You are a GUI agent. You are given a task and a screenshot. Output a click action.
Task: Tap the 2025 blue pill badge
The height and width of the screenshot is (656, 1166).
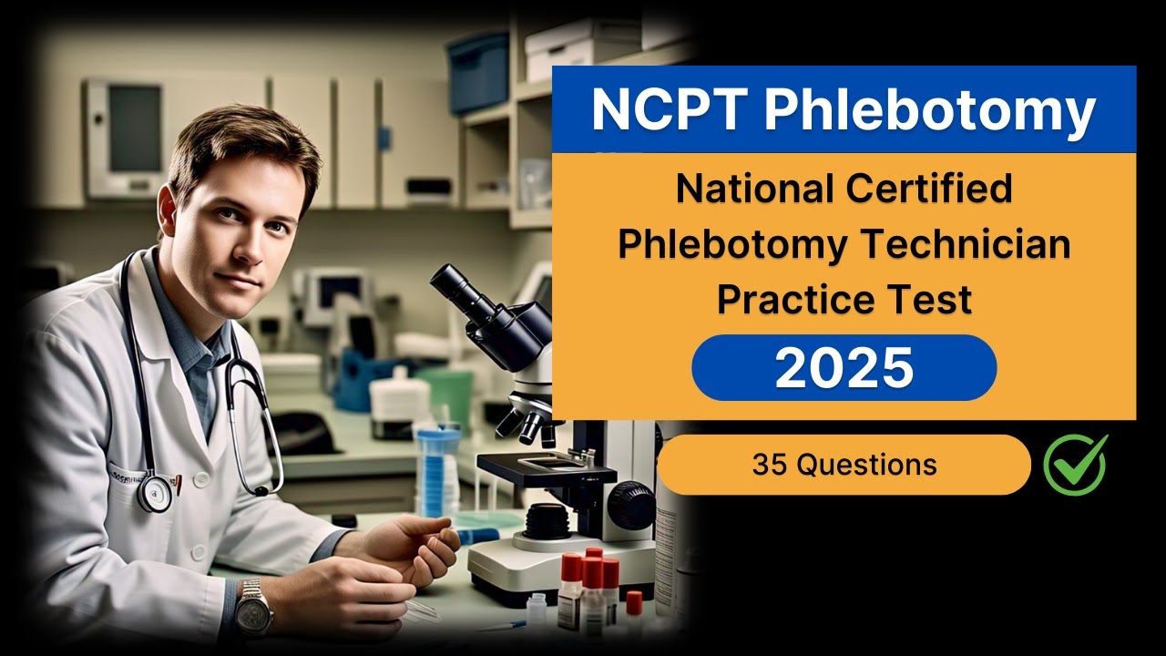click(844, 367)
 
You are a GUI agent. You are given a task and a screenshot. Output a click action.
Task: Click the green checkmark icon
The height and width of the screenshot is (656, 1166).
click(1075, 465)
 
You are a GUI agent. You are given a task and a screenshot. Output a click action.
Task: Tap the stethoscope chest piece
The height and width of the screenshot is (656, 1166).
click(156, 492)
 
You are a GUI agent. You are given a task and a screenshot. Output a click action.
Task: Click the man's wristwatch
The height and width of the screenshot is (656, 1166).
click(254, 607)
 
